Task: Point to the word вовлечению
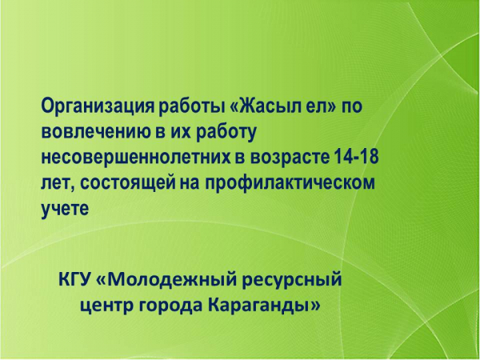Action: point(98,132)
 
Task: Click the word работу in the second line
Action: point(226,132)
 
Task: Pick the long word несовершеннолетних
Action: point(136,158)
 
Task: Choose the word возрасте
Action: point(288,158)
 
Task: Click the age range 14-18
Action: point(354,157)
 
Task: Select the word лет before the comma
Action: point(58,184)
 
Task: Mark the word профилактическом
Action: point(290,183)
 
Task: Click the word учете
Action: point(65,209)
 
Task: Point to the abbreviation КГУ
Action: point(75,279)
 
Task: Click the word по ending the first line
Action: point(352,107)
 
